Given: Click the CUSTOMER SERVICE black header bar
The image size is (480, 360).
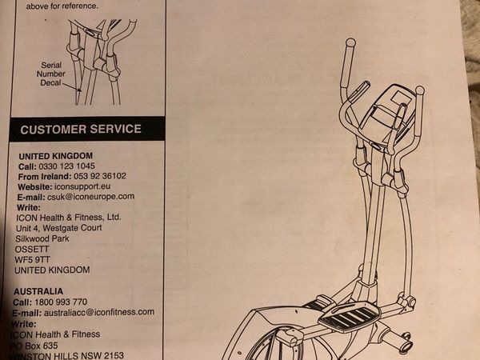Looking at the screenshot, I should (82, 129).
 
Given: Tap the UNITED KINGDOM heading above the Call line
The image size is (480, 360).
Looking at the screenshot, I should (55, 155).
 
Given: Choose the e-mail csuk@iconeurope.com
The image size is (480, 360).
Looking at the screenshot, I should (90, 197).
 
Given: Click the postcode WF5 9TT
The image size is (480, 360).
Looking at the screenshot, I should (32, 258).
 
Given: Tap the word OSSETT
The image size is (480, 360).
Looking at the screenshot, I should (33, 248).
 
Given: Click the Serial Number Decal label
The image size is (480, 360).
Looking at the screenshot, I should (50, 74).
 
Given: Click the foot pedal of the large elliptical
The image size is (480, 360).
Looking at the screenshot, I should (349, 318).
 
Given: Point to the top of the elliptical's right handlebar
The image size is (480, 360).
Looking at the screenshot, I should (419, 90).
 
